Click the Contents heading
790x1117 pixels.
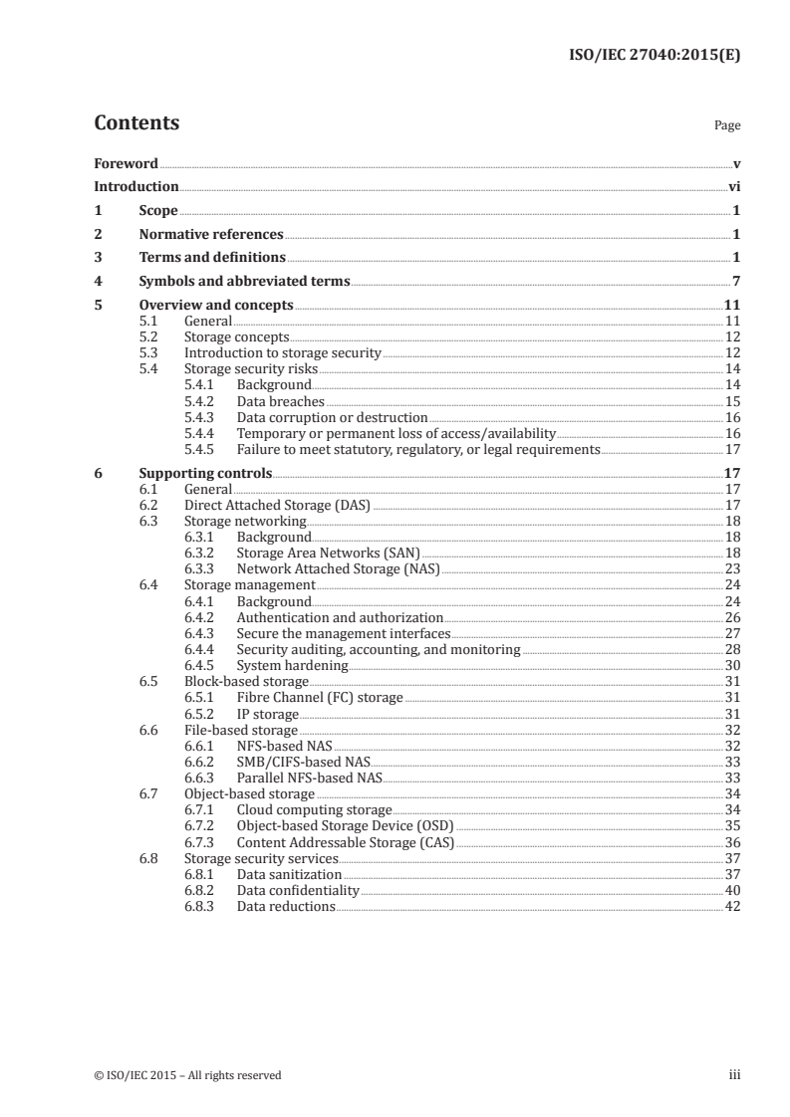(x=136, y=123)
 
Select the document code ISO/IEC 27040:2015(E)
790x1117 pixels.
(x=653, y=56)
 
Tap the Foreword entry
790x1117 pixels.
(x=126, y=163)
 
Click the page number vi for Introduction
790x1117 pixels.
(x=733, y=186)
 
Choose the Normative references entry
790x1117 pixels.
(x=211, y=235)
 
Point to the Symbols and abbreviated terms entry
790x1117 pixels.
(x=244, y=281)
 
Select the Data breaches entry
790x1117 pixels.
(x=281, y=400)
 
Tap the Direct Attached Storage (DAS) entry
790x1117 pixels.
(x=277, y=505)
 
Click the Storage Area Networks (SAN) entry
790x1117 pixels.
(x=329, y=553)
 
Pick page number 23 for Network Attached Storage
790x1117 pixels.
(x=732, y=568)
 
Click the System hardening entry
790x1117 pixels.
(x=292, y=665)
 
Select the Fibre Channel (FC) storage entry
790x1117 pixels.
(x=320, y=697)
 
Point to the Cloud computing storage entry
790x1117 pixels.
(x=314, y=810)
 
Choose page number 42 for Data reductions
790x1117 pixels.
(x=732, y=906)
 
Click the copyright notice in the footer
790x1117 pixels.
(x=187, y=1074)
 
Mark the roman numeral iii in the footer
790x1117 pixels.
(x=734, y=1074)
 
